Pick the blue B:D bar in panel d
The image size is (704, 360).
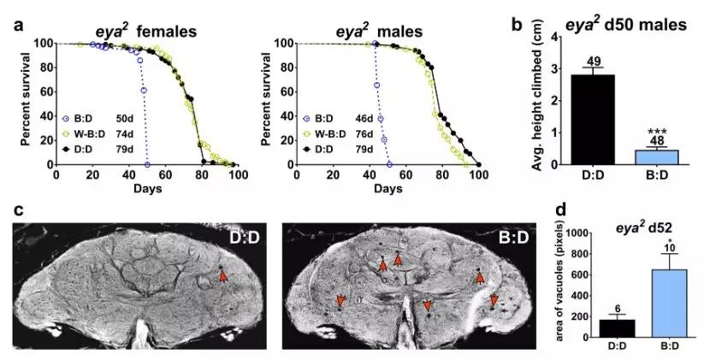[x=670, y=304]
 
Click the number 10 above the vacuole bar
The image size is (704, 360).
[x=670, y=248]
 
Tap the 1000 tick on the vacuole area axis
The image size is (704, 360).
[x=572, y=233]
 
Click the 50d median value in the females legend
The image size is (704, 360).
[x=124, y=120]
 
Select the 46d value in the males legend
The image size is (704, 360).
[x=364, y=119]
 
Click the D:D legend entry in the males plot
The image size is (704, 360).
[x=318, y=149]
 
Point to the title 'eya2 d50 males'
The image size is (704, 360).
[x=625, y=24]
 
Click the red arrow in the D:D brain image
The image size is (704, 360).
[x=223, y=276]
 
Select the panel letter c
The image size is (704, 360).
[x=17, y=210]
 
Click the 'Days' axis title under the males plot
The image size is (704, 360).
[x=387, y=188]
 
